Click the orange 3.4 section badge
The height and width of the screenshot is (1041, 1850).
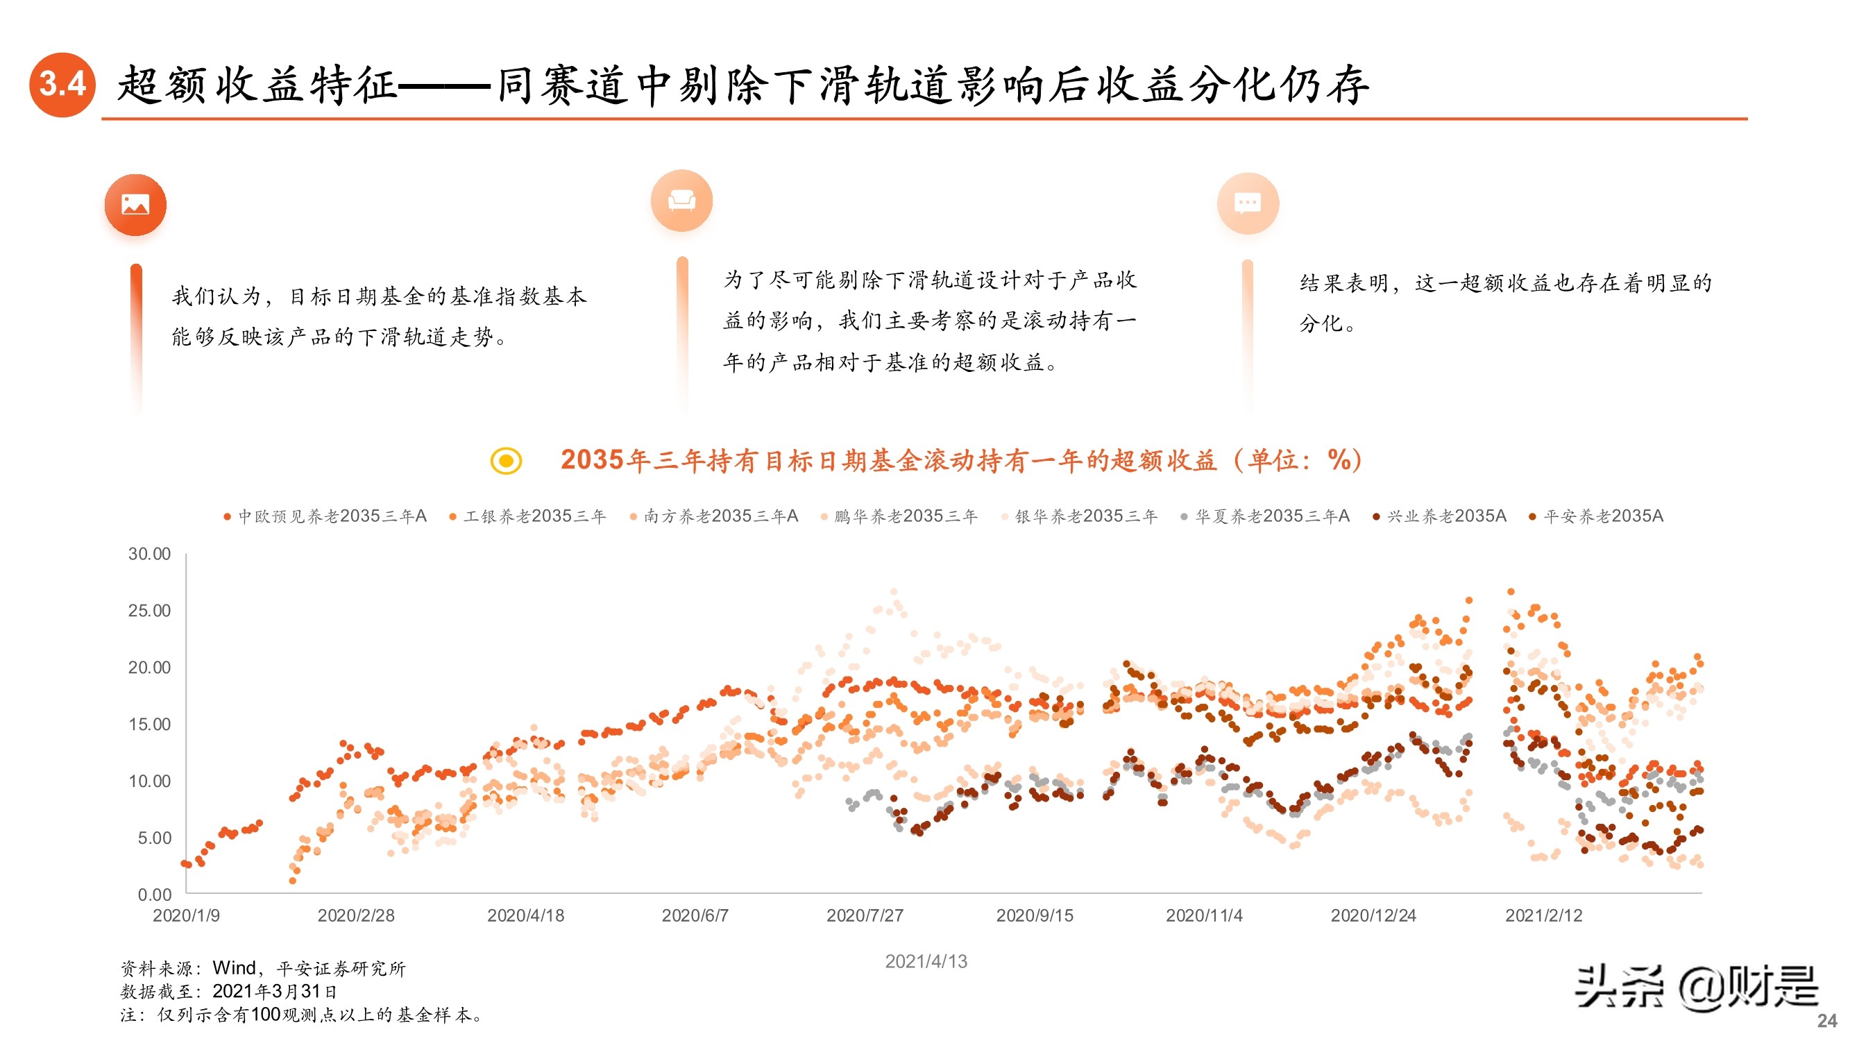pyautogui.click(x=62, y=84)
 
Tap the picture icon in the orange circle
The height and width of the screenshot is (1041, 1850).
pyautogui.click(x=135, y=205)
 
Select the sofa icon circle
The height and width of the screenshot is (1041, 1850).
pyautogui.click(x=681, y=201)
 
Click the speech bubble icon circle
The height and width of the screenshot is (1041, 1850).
pyautogui.click(x=1248, y=203)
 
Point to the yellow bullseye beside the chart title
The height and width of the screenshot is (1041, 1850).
pyautogui.click(x=506, y=461)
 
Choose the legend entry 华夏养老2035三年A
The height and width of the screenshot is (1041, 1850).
pyautogui.click(x=1266, y=516)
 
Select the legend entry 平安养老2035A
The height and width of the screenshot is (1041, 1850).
pyautogui.click(x=1596, y=516)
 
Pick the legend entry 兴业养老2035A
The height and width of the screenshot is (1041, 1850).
pyautogui.click(x=1440, y=516)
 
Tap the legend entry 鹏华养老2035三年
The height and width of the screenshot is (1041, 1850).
pyautogui.click(x=899, y=516)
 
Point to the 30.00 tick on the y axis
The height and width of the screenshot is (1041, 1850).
pyautogui.click(x=149, y=554)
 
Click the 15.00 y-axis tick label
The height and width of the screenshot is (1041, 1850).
pyautogui.click(x=149, y=724)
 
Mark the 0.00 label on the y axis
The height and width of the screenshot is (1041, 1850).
pyautogui.click(x=155, y=895)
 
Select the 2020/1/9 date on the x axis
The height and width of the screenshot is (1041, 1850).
pyautogui.click(x=186, y=915)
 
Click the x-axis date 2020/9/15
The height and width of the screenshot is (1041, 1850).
pyautogui.click(x=1034, y=915)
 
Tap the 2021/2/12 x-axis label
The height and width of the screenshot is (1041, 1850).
pyautogui.click(x=1543, y=915)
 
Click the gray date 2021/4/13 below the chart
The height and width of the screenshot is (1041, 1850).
pyautogui.click(x=926, y=961)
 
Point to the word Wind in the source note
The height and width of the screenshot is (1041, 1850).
pyautogui.click(x=234, y=967)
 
